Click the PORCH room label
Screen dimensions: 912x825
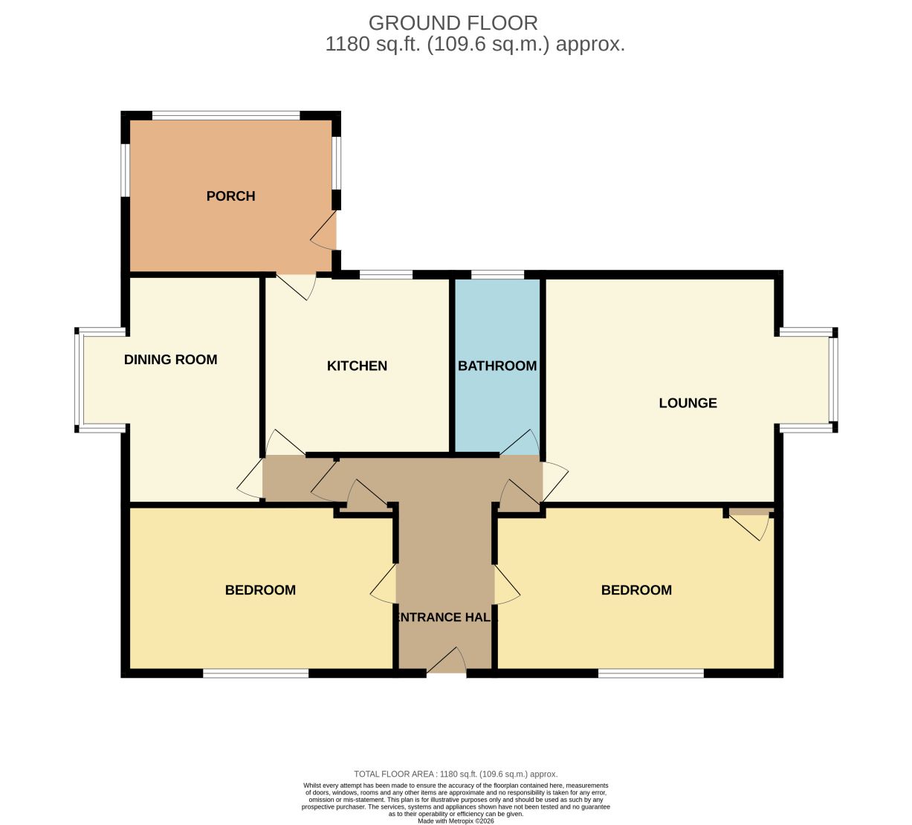pyautogui.click(x=230, y=196)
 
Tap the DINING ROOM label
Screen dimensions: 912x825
pyautogui.click(x=170, y=359)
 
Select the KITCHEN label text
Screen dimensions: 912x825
pyautogui.click(x=357, y=366)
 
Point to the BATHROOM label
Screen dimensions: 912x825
pyautogui.click(x=497, y=366)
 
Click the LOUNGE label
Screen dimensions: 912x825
pyautogui.click(x=688, y=403)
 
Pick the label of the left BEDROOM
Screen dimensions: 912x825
pyautogui.click(x=260, y=590)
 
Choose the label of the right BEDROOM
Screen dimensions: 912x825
pyautogui.click(x=636, y=590)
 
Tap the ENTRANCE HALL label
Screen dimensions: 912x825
pyautogui.click(x=445, y=617)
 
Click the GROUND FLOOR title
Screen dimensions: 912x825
pyautogui.click(x=453, y=23)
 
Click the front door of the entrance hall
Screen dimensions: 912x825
pyautogui.click(x=447, y=661)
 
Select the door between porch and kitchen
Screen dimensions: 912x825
pyautogui.click(x=296, y=287)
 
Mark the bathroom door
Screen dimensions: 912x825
pyautogui.click(x=520, y=442)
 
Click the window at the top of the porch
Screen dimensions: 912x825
pyautogui.click(x=226, y=115)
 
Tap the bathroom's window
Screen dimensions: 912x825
pyautogui.click(x=497, y=274)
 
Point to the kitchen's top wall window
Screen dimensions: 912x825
pyautogui.click(x=386, y=274)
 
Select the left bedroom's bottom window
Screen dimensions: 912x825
pyautogui.click(x=256, y=673)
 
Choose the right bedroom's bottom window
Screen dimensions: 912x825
pyautogui.click(x=650, y=673)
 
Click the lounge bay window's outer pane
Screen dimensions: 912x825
pyautogui.click(x=833, y=380)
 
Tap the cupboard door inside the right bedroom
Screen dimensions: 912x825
pyautogui.click(x=749, y=526)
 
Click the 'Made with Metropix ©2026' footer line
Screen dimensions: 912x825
pyautogui.click(x=456, y=821)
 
